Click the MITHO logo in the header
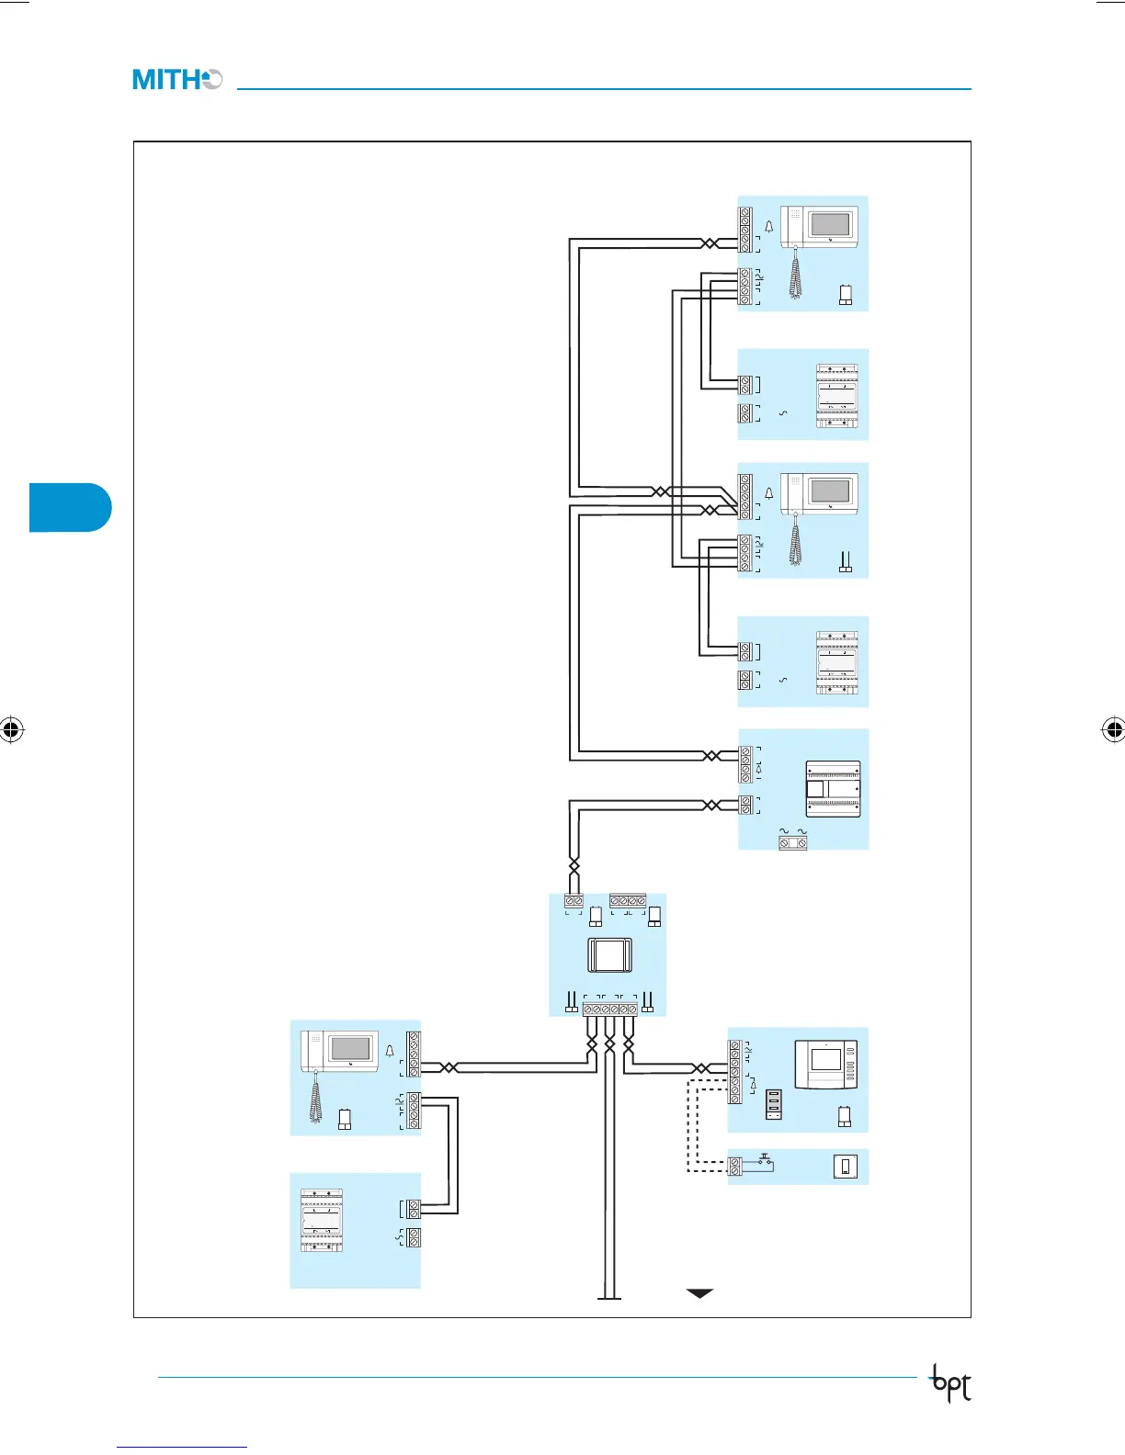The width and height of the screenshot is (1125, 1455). tap(176, 80)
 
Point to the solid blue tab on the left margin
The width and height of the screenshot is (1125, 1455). tap(70, 507)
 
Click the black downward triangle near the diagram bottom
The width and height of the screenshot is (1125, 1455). tap(699, 1293)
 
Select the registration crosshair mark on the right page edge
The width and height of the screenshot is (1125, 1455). tap(1113, 730)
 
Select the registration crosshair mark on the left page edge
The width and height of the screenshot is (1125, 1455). tap(12, 730)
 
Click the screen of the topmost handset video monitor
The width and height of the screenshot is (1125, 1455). tap(830, 225)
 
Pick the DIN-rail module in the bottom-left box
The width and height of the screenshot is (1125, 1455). tap(322, 1221)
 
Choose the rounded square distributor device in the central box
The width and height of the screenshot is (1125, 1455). tap(608, 955)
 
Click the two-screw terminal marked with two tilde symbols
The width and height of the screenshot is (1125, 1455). tap(792, 841)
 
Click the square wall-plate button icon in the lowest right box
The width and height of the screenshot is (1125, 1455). tap(846, 1167)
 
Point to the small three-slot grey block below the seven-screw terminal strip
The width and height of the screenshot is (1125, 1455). tap(774, 1105)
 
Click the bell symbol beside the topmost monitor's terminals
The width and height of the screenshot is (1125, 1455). tap(769, 226)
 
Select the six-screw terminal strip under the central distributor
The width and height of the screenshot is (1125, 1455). tap(609, 1009)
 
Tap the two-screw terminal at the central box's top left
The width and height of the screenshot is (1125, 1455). tap(574, 901)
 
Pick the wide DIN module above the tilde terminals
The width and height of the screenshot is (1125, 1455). tap(834, 789)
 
